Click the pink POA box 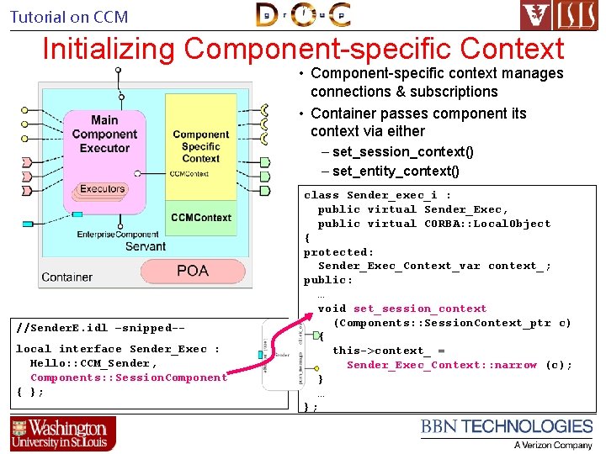click(193, 271)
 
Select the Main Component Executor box click(105, 135)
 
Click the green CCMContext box click(200, 218)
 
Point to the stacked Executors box click(102, 190)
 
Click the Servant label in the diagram click(146, 246)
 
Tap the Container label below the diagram click(66, 277)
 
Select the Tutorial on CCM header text click(69, 17)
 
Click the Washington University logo click(63, 433)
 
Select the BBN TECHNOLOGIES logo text click(507, 427)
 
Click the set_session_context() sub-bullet click(402, 152)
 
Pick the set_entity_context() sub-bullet click(396, 172)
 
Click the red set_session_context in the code click(420, 309)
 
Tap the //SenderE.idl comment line click(100, 326)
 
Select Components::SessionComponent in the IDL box click(128, 377)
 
